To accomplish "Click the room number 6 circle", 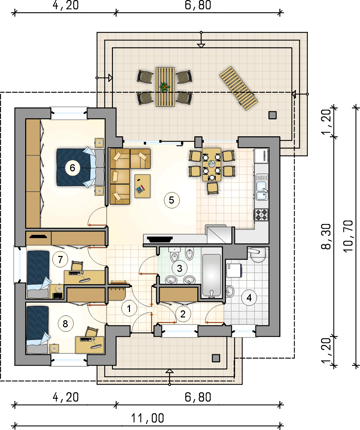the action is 72,168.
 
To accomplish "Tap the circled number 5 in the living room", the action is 171,200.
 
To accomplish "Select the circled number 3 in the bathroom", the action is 179,268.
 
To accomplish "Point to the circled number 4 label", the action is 249,298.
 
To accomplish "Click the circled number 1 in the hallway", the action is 129,309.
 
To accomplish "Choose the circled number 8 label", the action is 65,324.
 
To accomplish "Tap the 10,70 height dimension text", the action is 348,236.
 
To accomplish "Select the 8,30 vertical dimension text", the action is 326,237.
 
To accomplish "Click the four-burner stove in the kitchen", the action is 261,215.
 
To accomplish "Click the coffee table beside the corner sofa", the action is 142,186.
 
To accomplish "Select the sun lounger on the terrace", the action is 239,88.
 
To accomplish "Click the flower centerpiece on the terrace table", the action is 164,87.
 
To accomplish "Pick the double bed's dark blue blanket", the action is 74,168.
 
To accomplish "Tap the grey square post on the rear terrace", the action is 272,115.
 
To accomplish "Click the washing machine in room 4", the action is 234,270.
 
